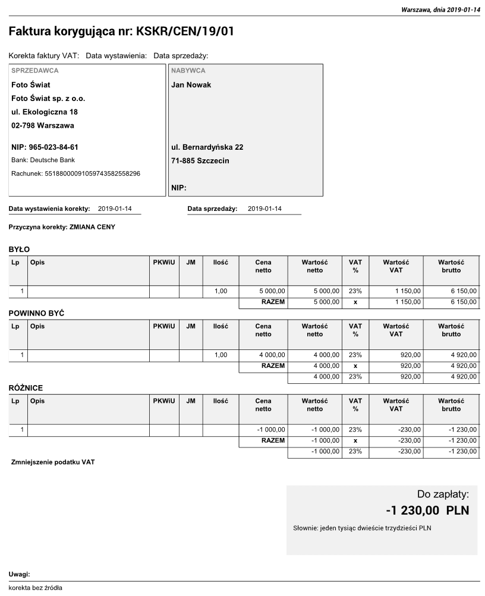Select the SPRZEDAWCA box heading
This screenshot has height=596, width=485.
coord(35,71)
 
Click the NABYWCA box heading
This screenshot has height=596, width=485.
coord(188,71)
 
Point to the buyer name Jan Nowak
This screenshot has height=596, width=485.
coord(191,85)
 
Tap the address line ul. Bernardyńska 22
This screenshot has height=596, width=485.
coord(207,147)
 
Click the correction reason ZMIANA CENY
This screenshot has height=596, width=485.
coord(92,227)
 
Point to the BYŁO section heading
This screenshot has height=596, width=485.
coord(19,249)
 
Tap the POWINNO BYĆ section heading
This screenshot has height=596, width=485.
coord(36,313)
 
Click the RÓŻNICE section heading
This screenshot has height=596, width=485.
coord(26,388)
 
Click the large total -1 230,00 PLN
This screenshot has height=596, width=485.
coord(427,510)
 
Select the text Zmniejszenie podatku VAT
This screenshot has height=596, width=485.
coord(53,462)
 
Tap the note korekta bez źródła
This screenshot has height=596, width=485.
coord(35,588)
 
